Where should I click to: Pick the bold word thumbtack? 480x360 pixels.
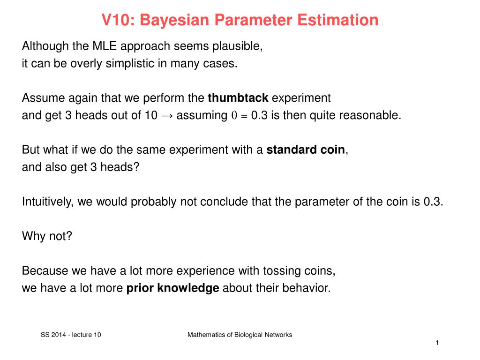click(238, 98)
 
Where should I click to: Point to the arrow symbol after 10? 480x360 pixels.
click(167, 116)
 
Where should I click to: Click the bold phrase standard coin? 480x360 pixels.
click(306, 150)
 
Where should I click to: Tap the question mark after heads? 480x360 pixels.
click(136, 167)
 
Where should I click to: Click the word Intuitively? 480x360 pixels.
click(48, 202)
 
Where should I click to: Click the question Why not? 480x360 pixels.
click(47, 236)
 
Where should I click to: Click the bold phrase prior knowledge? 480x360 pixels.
click(173, 288)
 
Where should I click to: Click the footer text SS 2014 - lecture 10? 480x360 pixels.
click(71, 335)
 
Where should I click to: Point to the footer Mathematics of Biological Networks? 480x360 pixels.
click(240, 335)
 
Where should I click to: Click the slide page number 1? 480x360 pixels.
click(436, 343)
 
